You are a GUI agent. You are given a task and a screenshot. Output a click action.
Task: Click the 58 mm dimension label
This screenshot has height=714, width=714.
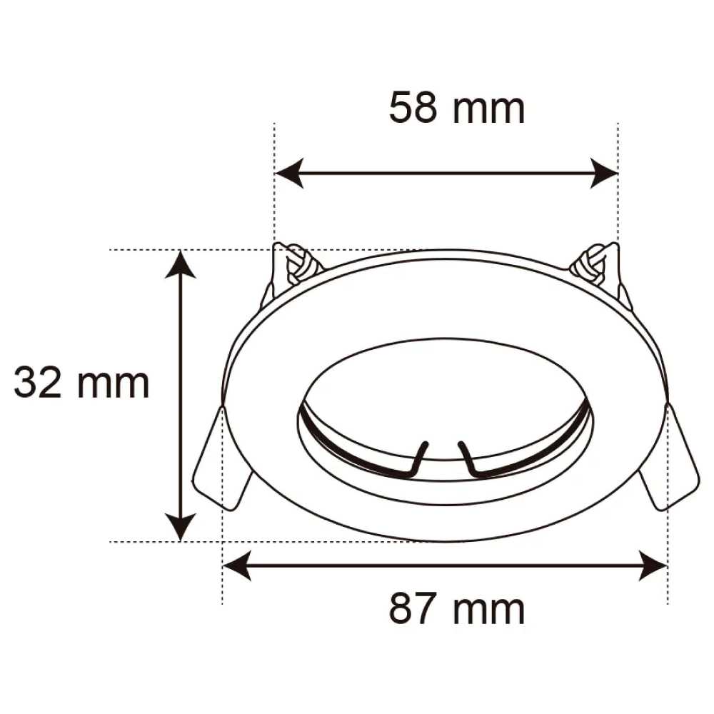pos(457,109)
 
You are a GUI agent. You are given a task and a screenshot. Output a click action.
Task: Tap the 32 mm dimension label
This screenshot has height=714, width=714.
pos(81,383)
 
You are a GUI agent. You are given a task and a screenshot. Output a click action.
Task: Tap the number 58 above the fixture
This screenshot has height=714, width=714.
pos(413,109)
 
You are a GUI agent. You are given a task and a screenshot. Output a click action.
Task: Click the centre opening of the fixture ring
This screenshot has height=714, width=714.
pos(444,400)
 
